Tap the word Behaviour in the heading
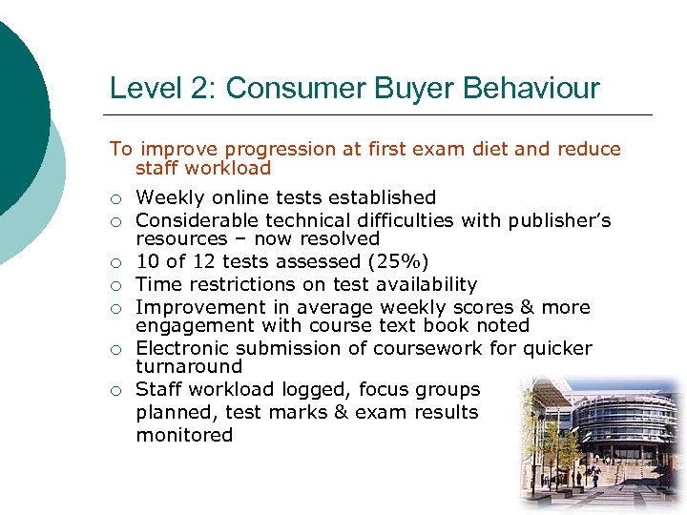[532, 89]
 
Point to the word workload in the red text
[233, 168]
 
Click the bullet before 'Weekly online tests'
[115, 199]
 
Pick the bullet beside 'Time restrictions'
[115, 285]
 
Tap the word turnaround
[189, 366]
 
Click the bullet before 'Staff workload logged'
[115, 390]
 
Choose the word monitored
[184, 435]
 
